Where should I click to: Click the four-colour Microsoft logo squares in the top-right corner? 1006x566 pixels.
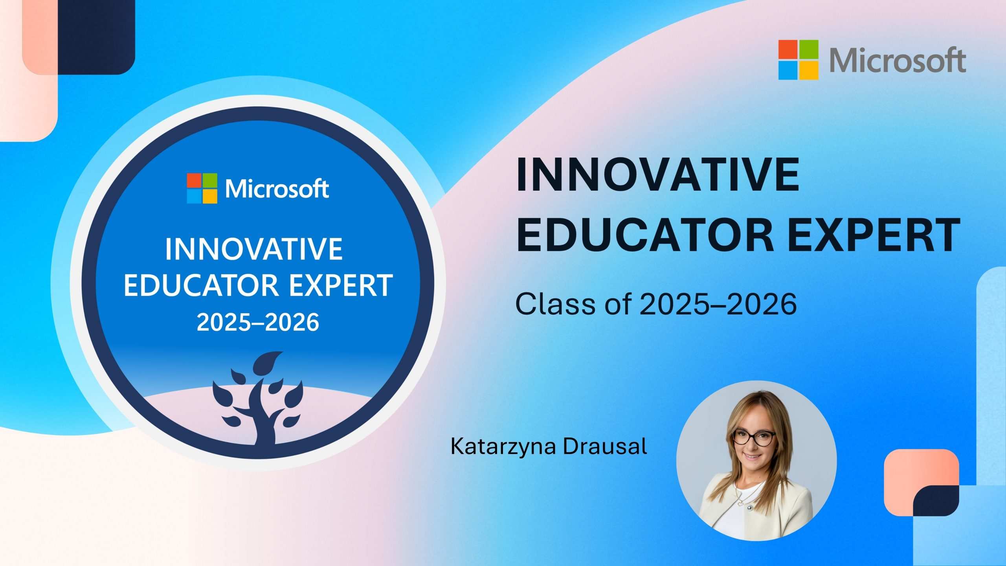pos(799,60)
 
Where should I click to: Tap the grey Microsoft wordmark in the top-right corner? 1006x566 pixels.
pos(898,60)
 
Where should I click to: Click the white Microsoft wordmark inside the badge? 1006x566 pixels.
pos(277,189)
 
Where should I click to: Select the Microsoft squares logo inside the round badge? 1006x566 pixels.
pos(202,188)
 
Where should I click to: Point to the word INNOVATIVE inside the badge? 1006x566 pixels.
pos(254,249)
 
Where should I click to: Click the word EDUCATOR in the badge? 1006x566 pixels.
pos(198,285)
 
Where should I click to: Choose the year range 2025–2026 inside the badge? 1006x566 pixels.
pos(258,323)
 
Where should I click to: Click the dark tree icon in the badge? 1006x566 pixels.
pos(258,398)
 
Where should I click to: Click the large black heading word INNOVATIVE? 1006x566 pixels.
pos(657,174)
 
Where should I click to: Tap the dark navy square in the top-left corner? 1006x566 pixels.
pos(96,37)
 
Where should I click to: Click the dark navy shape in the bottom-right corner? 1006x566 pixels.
pos(936,501)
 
